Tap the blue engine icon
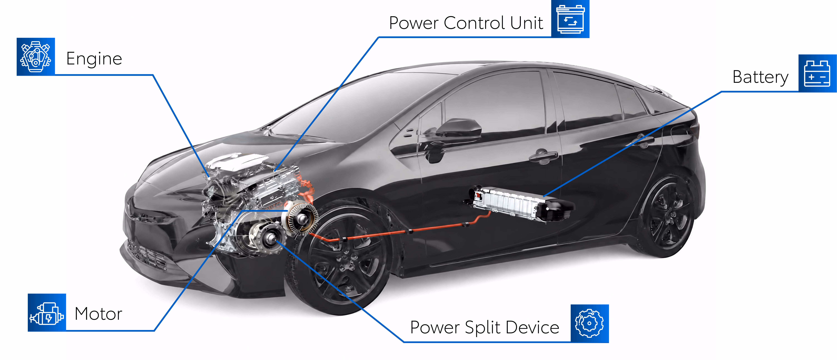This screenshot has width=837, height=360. point(36,57)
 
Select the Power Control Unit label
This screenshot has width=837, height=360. point(466,23)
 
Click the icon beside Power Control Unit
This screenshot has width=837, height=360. point(570,19)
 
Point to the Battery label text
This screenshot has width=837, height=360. point(760,77)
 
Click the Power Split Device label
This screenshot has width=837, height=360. point(484,327)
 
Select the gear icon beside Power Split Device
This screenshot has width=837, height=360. point(590,324)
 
